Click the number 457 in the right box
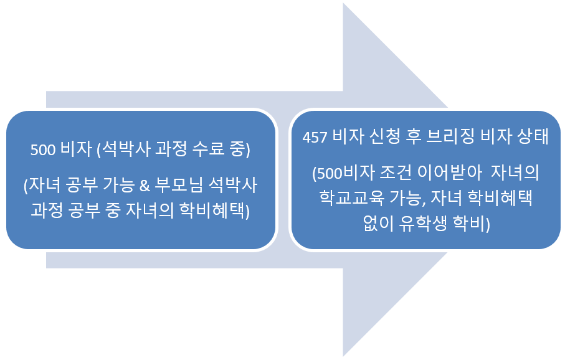[315, 137]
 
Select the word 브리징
[450, 136]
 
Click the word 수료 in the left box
[208, 149]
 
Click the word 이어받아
[449, 173]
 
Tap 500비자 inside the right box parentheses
[343, 173]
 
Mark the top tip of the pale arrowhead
[343, 3]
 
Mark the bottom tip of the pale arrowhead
[343, 356]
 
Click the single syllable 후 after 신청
[413, 136]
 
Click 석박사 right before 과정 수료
[126, 149]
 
